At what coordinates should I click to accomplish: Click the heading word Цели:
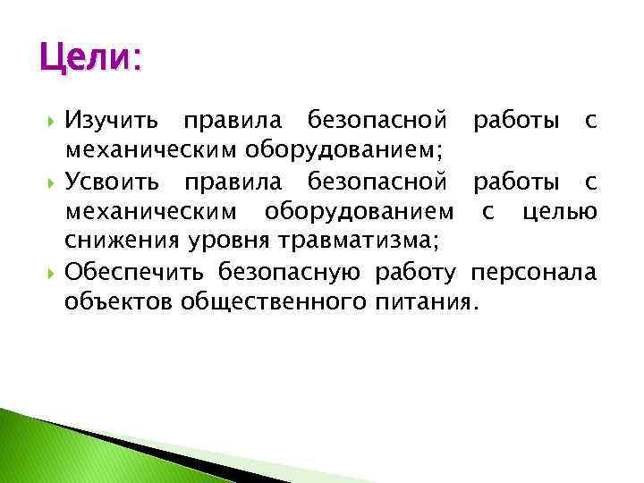point(90,61)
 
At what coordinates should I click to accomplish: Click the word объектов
point(118,301)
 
